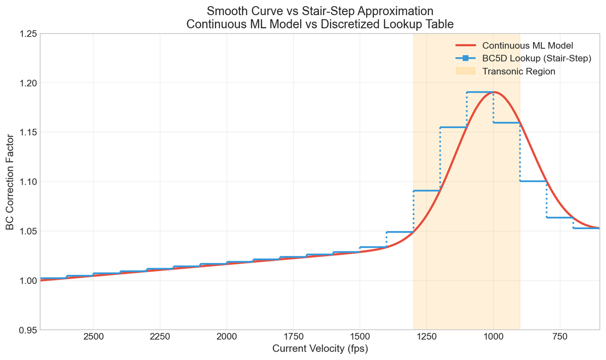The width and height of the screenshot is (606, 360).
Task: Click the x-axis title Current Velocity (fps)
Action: [320, 349]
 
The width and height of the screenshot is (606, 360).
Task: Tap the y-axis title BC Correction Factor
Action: [10, 182]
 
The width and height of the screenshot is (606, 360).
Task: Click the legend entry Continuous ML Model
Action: [527, 46]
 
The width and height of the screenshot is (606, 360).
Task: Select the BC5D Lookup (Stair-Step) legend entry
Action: [536, 59]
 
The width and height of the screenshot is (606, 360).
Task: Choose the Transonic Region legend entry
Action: [518, 71]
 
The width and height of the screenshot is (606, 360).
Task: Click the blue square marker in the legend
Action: [465, 59]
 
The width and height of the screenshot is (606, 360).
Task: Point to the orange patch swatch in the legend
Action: [465, 71]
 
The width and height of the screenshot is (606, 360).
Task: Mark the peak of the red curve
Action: [494, 92]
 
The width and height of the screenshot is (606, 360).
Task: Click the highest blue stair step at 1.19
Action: [480, 92]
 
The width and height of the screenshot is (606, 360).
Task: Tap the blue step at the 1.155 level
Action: [454, 127]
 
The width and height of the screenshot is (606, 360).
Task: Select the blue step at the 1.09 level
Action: [427, 191]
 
